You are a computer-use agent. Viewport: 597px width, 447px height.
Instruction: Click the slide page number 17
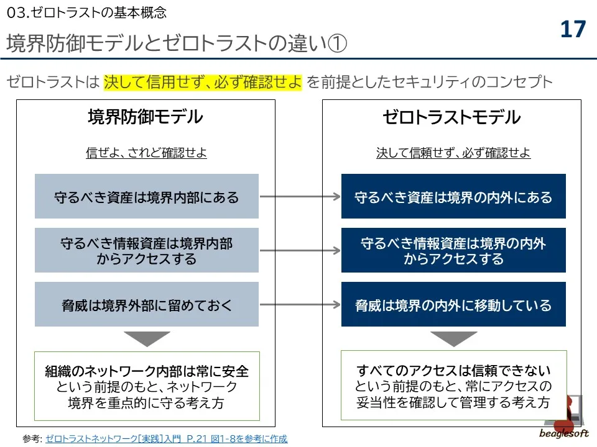(573, 29)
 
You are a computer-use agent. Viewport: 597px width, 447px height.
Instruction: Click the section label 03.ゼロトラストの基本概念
(86, 12)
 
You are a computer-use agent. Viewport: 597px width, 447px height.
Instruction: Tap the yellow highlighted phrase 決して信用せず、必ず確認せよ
(203, 81)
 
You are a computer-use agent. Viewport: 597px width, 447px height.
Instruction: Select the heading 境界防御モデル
(146, 117)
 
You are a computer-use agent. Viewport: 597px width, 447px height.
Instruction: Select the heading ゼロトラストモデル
(451, 117)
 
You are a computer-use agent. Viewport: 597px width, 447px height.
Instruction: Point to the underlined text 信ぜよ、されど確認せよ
(146, 153)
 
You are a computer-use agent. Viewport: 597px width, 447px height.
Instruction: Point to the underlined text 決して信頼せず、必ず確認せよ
(453, 153)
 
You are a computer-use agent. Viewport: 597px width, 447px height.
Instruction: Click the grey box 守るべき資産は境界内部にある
(147, 197)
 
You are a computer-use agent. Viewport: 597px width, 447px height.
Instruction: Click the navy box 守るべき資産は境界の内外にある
(453, 197)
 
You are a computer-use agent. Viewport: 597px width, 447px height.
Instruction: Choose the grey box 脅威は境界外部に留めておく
(147, 305)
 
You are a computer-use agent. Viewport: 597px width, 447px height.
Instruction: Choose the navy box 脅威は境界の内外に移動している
(453, 305)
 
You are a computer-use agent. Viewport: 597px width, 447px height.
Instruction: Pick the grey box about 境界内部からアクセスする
(147, 250)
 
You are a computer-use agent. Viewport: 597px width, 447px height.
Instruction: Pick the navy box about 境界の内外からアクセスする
(453, 250)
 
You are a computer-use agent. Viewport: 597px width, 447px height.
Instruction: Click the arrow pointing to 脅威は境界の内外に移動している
(300, 304)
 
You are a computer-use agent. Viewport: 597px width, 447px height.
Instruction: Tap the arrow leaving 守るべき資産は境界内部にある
(300, 197)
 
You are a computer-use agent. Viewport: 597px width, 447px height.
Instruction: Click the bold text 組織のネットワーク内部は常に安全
(147, 371)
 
